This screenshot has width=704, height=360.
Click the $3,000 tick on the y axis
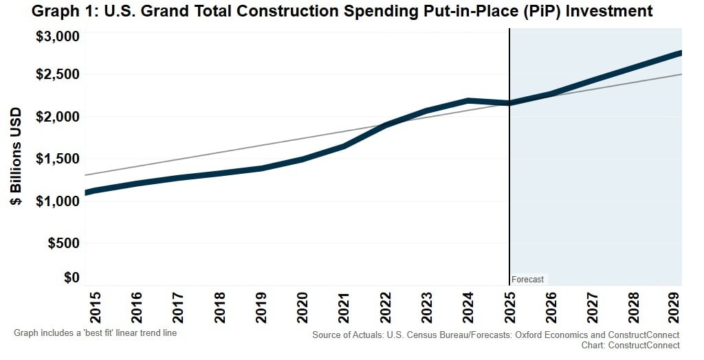tap(57, 36)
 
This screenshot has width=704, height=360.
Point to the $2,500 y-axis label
tap(57, 74)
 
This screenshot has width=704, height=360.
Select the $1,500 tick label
tap(57, 159)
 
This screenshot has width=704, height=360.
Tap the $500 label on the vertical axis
tap(62, 243)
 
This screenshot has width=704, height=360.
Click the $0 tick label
tap(71, 278)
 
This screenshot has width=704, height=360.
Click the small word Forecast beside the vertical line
tap(527, 280)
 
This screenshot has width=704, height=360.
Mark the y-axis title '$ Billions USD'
tap(15, 157)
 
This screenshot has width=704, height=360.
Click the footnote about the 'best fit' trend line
tap(96, 333)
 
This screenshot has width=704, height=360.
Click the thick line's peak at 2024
tap(468, 101)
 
